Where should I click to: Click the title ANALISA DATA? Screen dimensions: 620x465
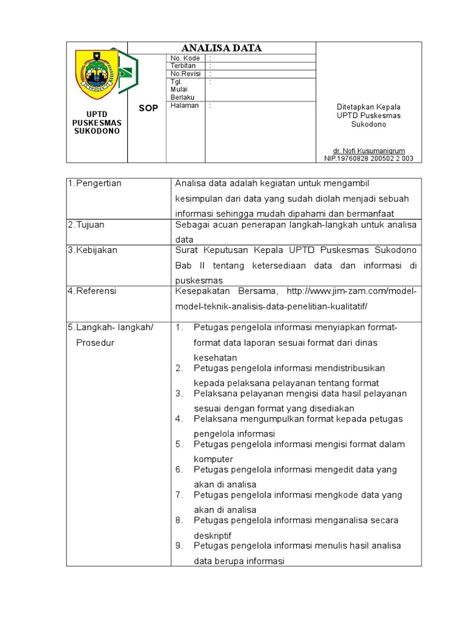click(222, 48)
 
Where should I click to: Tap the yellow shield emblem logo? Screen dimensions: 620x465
click(96, 74)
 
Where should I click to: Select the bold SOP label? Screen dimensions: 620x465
click(148, 108)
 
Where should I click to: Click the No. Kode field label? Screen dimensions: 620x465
click(185, 58)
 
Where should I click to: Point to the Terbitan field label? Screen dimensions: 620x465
click(183, 66)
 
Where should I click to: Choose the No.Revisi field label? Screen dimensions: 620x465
click(185, 73)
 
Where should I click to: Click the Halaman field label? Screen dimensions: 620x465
click(185, 105)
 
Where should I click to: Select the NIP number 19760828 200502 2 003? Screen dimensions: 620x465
click(369, 159)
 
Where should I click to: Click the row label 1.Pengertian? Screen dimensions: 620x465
click(94, 183)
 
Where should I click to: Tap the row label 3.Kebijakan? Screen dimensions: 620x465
click(93, 250)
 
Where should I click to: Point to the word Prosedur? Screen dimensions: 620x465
click(95, 343)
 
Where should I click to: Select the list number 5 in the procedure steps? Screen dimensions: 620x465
click(179, 444)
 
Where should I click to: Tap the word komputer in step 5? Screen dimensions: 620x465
click(213, 460)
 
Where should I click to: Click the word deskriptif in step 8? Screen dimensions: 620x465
click(213, 536)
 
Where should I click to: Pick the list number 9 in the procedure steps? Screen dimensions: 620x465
click(179, 546)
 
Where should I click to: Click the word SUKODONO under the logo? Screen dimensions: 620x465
click(97, 131)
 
